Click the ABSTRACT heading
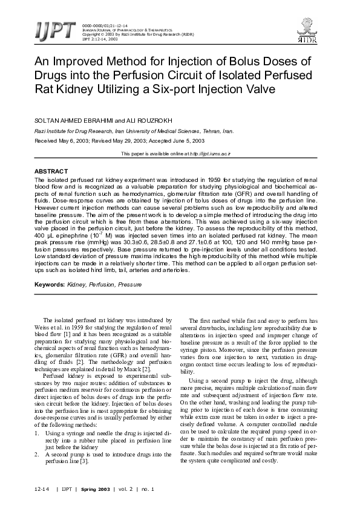[51, 172]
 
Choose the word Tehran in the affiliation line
[202, 131]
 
